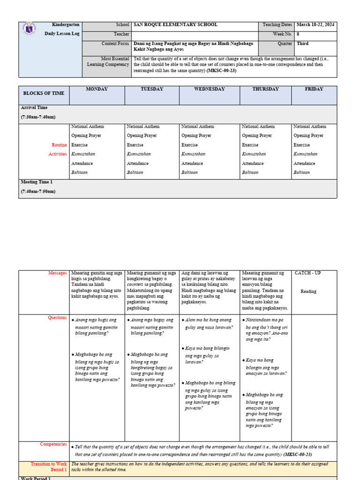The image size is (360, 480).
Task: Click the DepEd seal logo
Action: (x=28, y=30)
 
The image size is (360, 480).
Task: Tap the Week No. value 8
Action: (x=298, y=34)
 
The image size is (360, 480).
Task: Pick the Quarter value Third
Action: (x=303, y=44)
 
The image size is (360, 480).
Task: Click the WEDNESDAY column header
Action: (x=210, y=89)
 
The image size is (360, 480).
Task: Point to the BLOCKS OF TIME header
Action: (x=44, y=93)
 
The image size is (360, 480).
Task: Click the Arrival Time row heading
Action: (x=34, y=108)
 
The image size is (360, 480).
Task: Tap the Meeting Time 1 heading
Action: (x=37, y=182)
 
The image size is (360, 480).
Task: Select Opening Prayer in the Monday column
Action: (x=86, y=135)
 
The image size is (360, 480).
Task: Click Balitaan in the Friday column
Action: (x=302, y=172)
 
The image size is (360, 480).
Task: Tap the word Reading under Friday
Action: (x=308, y=291)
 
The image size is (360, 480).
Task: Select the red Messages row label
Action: (x=58, y=273)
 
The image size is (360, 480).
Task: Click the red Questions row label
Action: (x=58, y=317)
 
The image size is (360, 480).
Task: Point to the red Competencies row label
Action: (x=53, y=444)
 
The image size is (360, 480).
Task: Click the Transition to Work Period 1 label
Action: (x=49, y=466)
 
